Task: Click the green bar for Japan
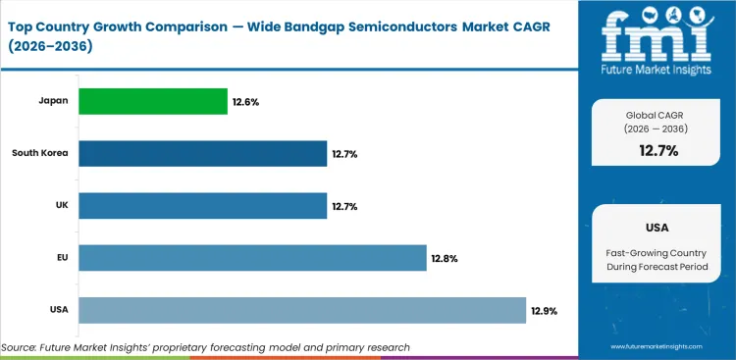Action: point(152,101)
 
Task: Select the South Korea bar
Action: point(202,153)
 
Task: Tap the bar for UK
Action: point(202,206)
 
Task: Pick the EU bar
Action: point(252,258)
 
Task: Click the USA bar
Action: point(302,310)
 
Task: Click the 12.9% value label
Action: point(545,311)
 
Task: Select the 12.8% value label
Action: point(444,259)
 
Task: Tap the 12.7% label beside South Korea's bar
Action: point(345,154)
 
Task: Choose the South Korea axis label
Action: point(40,153)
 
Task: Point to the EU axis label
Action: point(63,258)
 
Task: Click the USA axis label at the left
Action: point(59,310)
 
